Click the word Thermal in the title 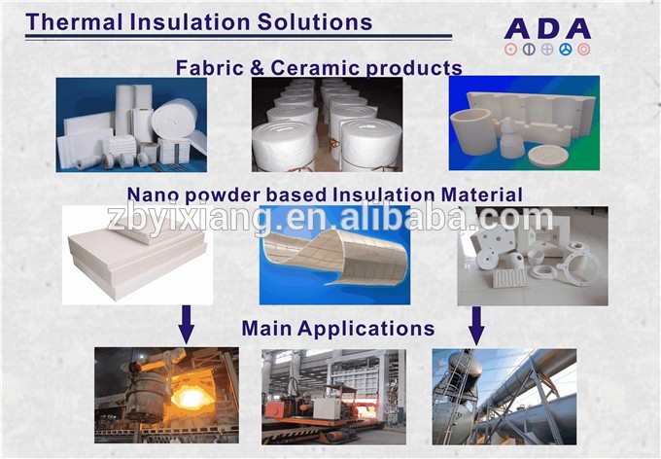74,22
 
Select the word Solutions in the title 315,22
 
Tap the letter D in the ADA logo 547,29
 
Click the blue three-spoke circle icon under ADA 566,50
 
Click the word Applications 365,329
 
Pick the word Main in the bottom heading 266,328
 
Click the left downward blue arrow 186,325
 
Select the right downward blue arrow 476,326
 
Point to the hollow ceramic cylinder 473,132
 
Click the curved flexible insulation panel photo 334,255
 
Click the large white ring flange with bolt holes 579,265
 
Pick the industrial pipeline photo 504,397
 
